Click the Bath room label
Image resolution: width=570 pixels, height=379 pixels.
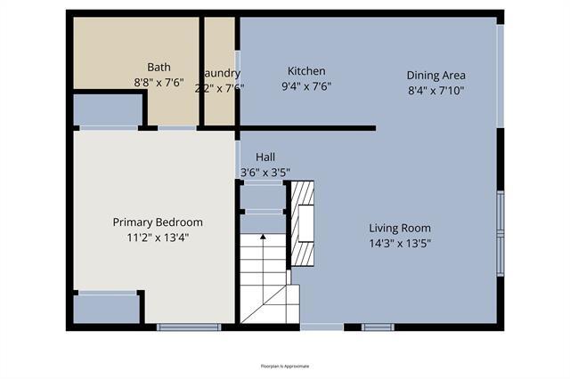pos(159,67)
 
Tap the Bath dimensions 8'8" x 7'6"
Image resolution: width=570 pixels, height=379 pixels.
pos(159,82)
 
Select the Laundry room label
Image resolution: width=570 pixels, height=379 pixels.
pos(221,73)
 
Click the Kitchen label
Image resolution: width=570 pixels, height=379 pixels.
pos(305,71)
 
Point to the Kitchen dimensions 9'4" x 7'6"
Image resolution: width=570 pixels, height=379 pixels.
pos(305,87)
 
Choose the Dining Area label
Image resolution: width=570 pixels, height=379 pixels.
pos(436,75)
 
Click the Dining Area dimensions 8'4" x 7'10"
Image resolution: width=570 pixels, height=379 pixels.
pos(436,90)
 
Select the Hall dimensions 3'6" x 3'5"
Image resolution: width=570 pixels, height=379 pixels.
pos(265,172)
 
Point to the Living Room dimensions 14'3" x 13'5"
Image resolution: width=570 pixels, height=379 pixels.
pos(405,243)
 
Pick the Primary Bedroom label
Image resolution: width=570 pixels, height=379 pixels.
pos(157,222)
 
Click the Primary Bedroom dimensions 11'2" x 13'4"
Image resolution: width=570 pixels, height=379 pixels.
pos(157,238)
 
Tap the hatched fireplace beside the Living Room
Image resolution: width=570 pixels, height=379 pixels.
pos(304,223)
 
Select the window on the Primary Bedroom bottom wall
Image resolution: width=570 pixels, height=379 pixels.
pos(176,327)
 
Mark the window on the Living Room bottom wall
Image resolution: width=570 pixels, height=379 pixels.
pos(378,327)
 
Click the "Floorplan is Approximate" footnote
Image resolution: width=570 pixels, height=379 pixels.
pos(285,366)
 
